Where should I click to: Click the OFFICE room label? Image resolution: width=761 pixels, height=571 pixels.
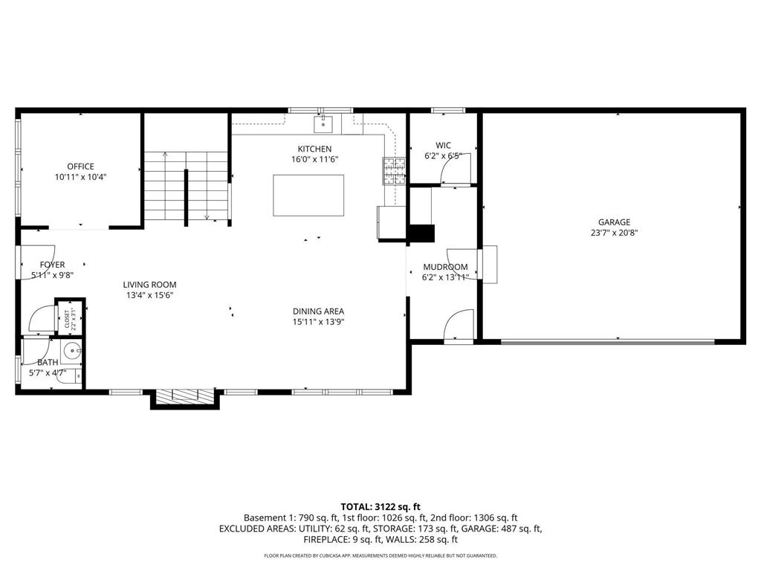tap(80, 167)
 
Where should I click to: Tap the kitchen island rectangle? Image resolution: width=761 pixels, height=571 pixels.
tap(308, 196)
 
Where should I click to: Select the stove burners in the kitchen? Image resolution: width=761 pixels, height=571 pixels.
tap(394, 170)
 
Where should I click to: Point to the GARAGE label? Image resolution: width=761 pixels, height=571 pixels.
tap(614, 222)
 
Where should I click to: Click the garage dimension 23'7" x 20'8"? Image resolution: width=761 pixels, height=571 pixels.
tap(614, 232)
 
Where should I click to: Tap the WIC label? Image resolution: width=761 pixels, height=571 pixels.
tap(443, 146)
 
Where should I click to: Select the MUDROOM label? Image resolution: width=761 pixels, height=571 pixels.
tap(445, 267)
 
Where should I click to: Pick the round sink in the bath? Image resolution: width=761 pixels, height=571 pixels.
tap(72, 351)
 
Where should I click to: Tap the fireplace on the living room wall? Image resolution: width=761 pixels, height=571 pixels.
tap(185, 397)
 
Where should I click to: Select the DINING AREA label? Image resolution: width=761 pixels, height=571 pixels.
tap(318, 312)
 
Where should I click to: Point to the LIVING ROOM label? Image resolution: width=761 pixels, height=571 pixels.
tap(149, 285)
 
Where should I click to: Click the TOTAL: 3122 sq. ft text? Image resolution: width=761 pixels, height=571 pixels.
tap(380, 506)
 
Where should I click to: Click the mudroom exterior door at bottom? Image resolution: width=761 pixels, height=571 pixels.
tap(458, 327)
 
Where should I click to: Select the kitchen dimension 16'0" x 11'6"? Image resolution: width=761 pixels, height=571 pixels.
tap(314, 159)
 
